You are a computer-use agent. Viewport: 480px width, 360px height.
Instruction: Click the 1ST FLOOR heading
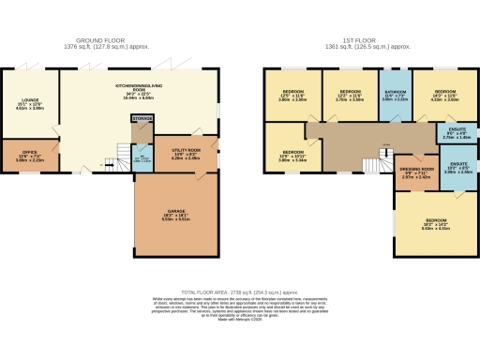360,40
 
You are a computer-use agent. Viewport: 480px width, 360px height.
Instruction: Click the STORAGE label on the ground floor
142,119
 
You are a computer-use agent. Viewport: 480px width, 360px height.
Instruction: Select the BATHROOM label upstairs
394,95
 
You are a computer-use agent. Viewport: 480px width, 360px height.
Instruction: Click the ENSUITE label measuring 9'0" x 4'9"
454,133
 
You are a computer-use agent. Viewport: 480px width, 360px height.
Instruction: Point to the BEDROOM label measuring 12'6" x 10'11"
292,155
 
